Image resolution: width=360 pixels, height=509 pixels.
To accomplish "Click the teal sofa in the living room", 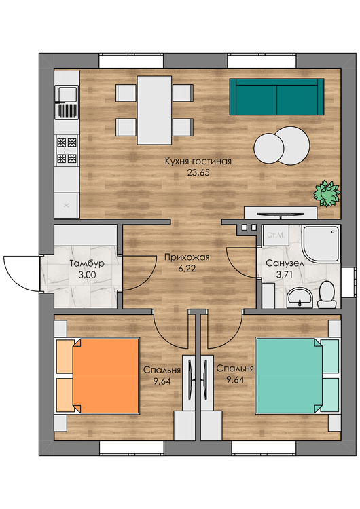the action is [277, 96].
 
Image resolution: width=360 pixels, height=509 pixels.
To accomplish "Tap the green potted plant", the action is [327, 193].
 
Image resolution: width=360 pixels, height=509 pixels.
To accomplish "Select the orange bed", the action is [98, 376].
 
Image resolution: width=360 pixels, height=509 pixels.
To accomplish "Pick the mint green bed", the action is [297, 376].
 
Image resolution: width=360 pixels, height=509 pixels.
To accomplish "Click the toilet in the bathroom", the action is [326, 295].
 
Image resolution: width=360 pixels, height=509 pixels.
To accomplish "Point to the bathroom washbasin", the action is [300, 297].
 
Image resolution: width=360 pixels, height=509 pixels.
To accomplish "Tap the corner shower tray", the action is [321, 244].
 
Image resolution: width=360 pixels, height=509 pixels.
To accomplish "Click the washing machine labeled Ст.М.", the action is [276, 235].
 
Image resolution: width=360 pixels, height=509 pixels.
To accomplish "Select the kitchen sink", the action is [67, 102].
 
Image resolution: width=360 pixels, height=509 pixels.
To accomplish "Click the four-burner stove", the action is [67, 150].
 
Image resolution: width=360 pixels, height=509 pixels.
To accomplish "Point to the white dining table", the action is [154, 110].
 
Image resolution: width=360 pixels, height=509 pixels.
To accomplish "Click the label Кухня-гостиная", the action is [198, 162].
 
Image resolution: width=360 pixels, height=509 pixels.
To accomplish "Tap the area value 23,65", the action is [198, 172].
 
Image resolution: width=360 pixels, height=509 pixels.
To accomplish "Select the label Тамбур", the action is [87, 263].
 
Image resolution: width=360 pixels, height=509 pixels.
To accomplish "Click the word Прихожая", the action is [187, 257].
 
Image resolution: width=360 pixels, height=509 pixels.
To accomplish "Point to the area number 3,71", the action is [285, 275].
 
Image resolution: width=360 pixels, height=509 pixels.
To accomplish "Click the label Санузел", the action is [285, 263].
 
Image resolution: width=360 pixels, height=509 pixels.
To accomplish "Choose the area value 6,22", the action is [187, 269].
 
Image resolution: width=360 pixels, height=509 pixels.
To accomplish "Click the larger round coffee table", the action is [293, 145].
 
